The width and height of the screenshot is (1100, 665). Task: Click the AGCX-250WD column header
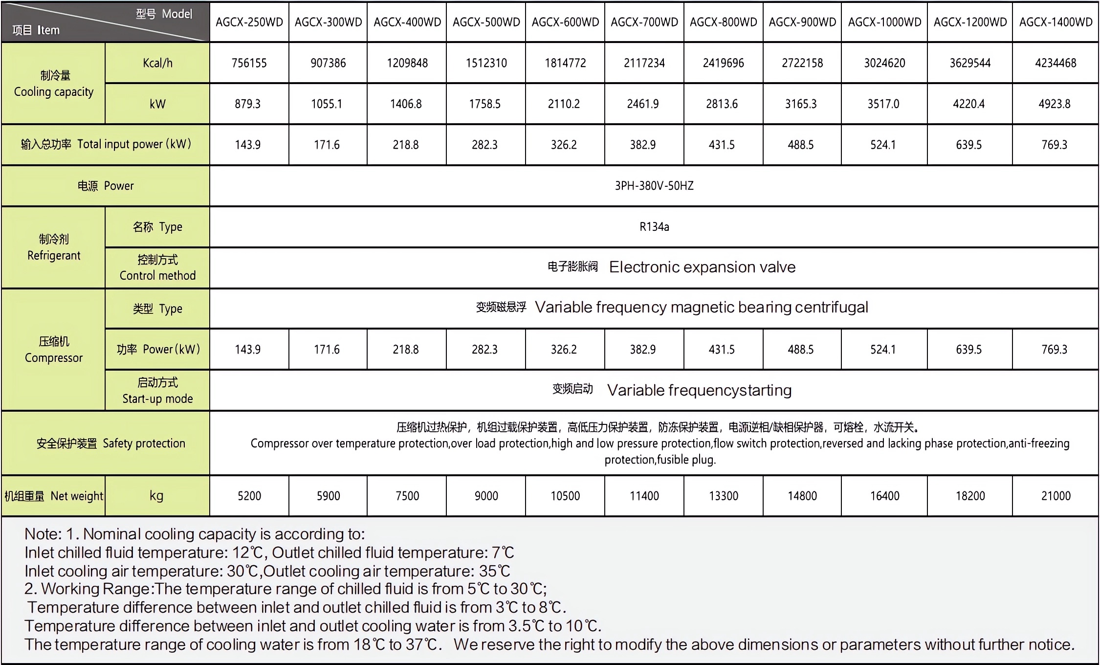[x=249, y=22]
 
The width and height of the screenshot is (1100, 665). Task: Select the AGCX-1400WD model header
[x=1056, y=22]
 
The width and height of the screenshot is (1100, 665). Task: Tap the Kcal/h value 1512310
[x=486, y=63]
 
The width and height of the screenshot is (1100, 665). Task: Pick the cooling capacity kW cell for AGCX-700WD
[x=643, y=104]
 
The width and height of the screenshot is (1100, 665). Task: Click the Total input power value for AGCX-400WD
[x=406, y=145]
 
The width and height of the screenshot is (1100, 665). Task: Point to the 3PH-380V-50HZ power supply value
[x=654, y=186]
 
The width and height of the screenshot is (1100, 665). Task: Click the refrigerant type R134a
[x=654, y=227]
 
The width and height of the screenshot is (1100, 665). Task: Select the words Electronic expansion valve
[x=702, y=267]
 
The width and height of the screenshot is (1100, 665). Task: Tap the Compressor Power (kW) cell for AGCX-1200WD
[x=968, y=350]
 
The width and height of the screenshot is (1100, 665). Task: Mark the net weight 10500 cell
[x=565, y=496]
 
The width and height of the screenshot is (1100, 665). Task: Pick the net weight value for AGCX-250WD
[x=249, y=496]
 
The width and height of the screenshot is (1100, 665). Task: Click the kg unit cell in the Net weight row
[x=156, y=496]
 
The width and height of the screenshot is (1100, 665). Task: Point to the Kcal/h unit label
[x=157, y=63]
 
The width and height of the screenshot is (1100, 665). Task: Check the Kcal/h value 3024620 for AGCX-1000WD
[x=884, y=63]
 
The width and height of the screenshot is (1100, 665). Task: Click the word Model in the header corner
[x=177, y=14]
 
